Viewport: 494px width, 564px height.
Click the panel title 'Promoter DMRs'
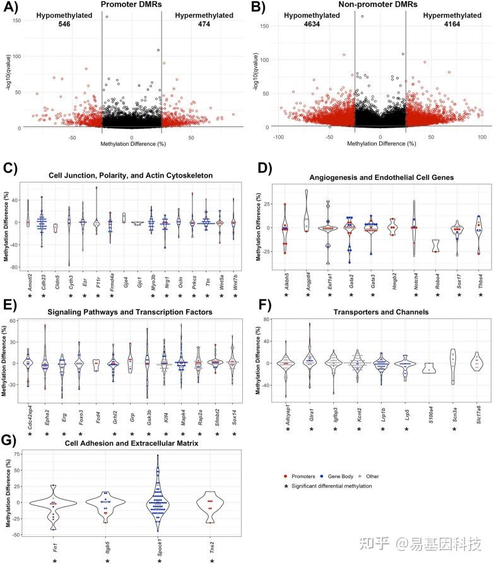[131, 5]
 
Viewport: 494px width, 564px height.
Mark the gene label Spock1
[158, 544]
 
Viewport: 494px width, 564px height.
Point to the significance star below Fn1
[55, 559]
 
